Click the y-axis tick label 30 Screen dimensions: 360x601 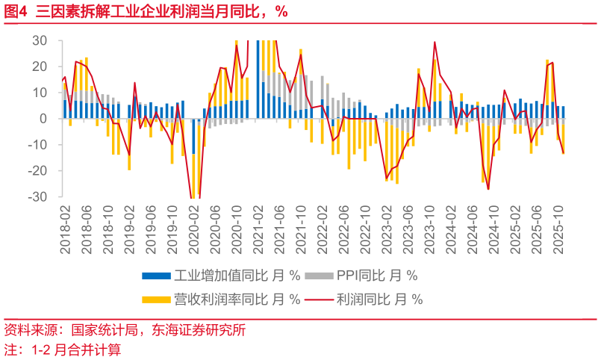(x=40, y=40)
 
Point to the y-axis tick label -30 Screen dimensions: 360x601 (x=38, y=197)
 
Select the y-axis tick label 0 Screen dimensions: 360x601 (x=44, y=119)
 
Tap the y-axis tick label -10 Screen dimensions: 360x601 (x=38, y=145)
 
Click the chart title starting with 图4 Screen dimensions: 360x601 (x=146, y=11)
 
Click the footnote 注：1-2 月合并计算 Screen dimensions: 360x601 (x=63, y=349)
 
